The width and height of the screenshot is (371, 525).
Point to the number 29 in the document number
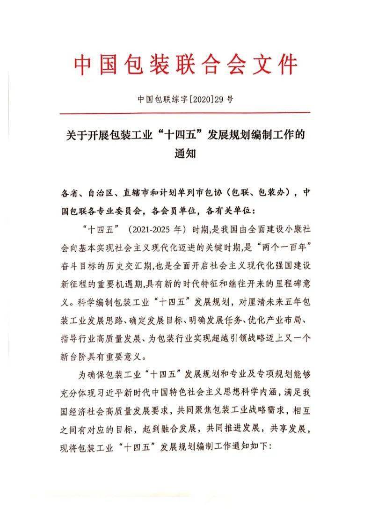pyautogui.click(x=219, y=99)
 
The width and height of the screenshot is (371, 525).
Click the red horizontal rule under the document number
pyautogui.click(x=185, y=113)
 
